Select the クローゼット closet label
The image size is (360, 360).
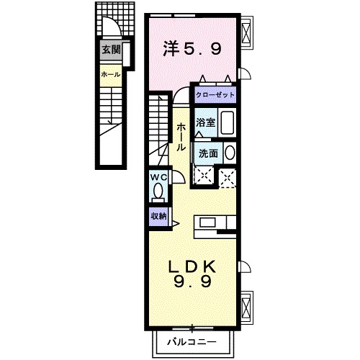215,95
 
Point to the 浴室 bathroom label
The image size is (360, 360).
205,122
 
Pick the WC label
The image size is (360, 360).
158,177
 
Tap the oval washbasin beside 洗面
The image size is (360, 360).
228,153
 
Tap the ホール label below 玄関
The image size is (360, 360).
110,74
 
